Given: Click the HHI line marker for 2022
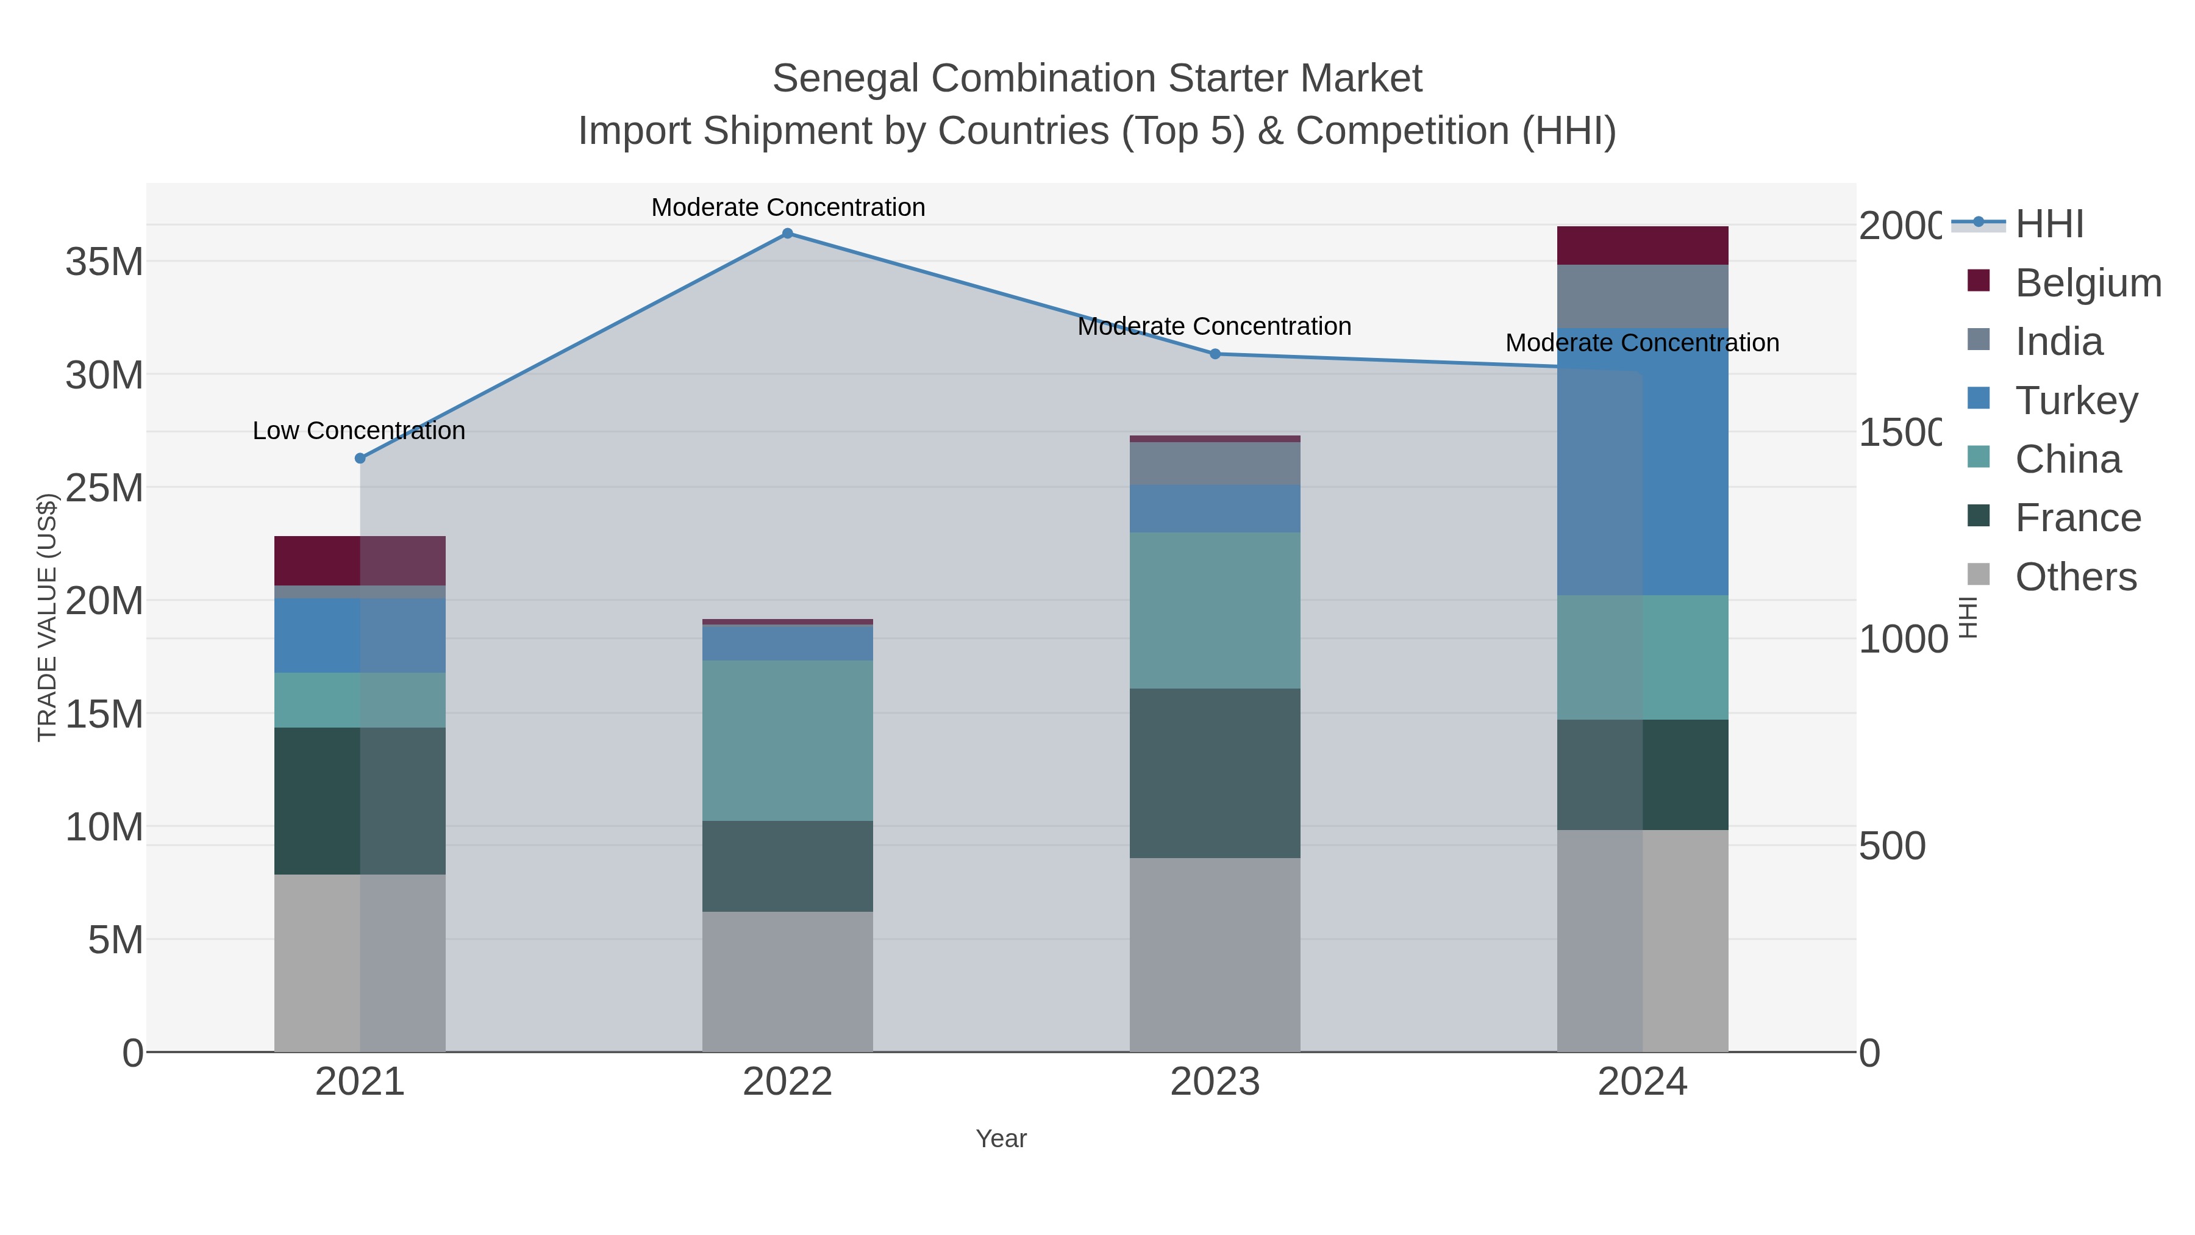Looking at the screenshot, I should (x=787, y=234).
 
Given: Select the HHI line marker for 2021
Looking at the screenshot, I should (x=360, y=459).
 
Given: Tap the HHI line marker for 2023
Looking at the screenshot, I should (x=1215, y=354).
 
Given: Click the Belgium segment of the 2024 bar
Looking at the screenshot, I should (x=1642, y=245).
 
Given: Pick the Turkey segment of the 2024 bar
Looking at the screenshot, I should (x=1642, y=461).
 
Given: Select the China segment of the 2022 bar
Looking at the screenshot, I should (x=787, y=740).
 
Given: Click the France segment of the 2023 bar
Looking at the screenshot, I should (x=1215, y=772).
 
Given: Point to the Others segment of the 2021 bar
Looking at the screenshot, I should (x=360, y=962).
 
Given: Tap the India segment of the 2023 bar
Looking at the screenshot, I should (x=1215, y=463).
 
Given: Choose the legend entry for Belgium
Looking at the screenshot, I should (x=2088, y=283).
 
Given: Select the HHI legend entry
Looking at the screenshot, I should (x=2049, y=224).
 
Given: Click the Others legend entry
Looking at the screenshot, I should (x=2075, y=577).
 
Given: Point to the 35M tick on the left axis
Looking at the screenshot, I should (x=104, y=262).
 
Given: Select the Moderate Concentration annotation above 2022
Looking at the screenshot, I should (x=787, y=207).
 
